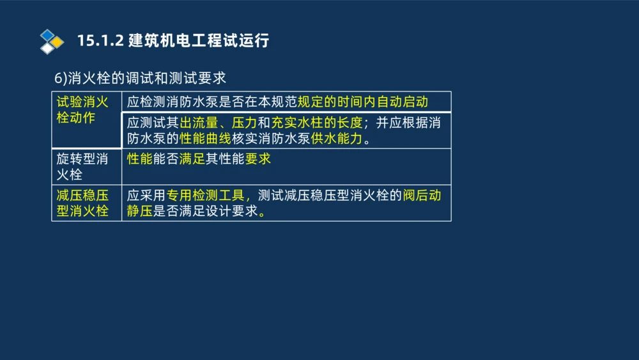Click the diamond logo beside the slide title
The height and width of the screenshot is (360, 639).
point(52,41)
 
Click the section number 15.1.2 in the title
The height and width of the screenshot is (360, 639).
point(100,41)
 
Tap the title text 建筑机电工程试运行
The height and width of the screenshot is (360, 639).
point(199,41)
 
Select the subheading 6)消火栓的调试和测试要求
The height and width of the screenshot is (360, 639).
point(140,78)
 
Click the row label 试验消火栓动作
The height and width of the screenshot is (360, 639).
point(82,110)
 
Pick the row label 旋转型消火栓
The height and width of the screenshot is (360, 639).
point(82,166)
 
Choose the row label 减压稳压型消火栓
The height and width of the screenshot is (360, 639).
point(82,203)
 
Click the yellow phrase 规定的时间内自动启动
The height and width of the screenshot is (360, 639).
point(362,102)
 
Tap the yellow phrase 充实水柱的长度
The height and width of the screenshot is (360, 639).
point(317,123)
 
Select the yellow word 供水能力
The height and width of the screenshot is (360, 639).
point(337,139)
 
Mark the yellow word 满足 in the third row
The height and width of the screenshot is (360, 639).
point(192,159)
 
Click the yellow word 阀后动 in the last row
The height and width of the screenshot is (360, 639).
point(422,195)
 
